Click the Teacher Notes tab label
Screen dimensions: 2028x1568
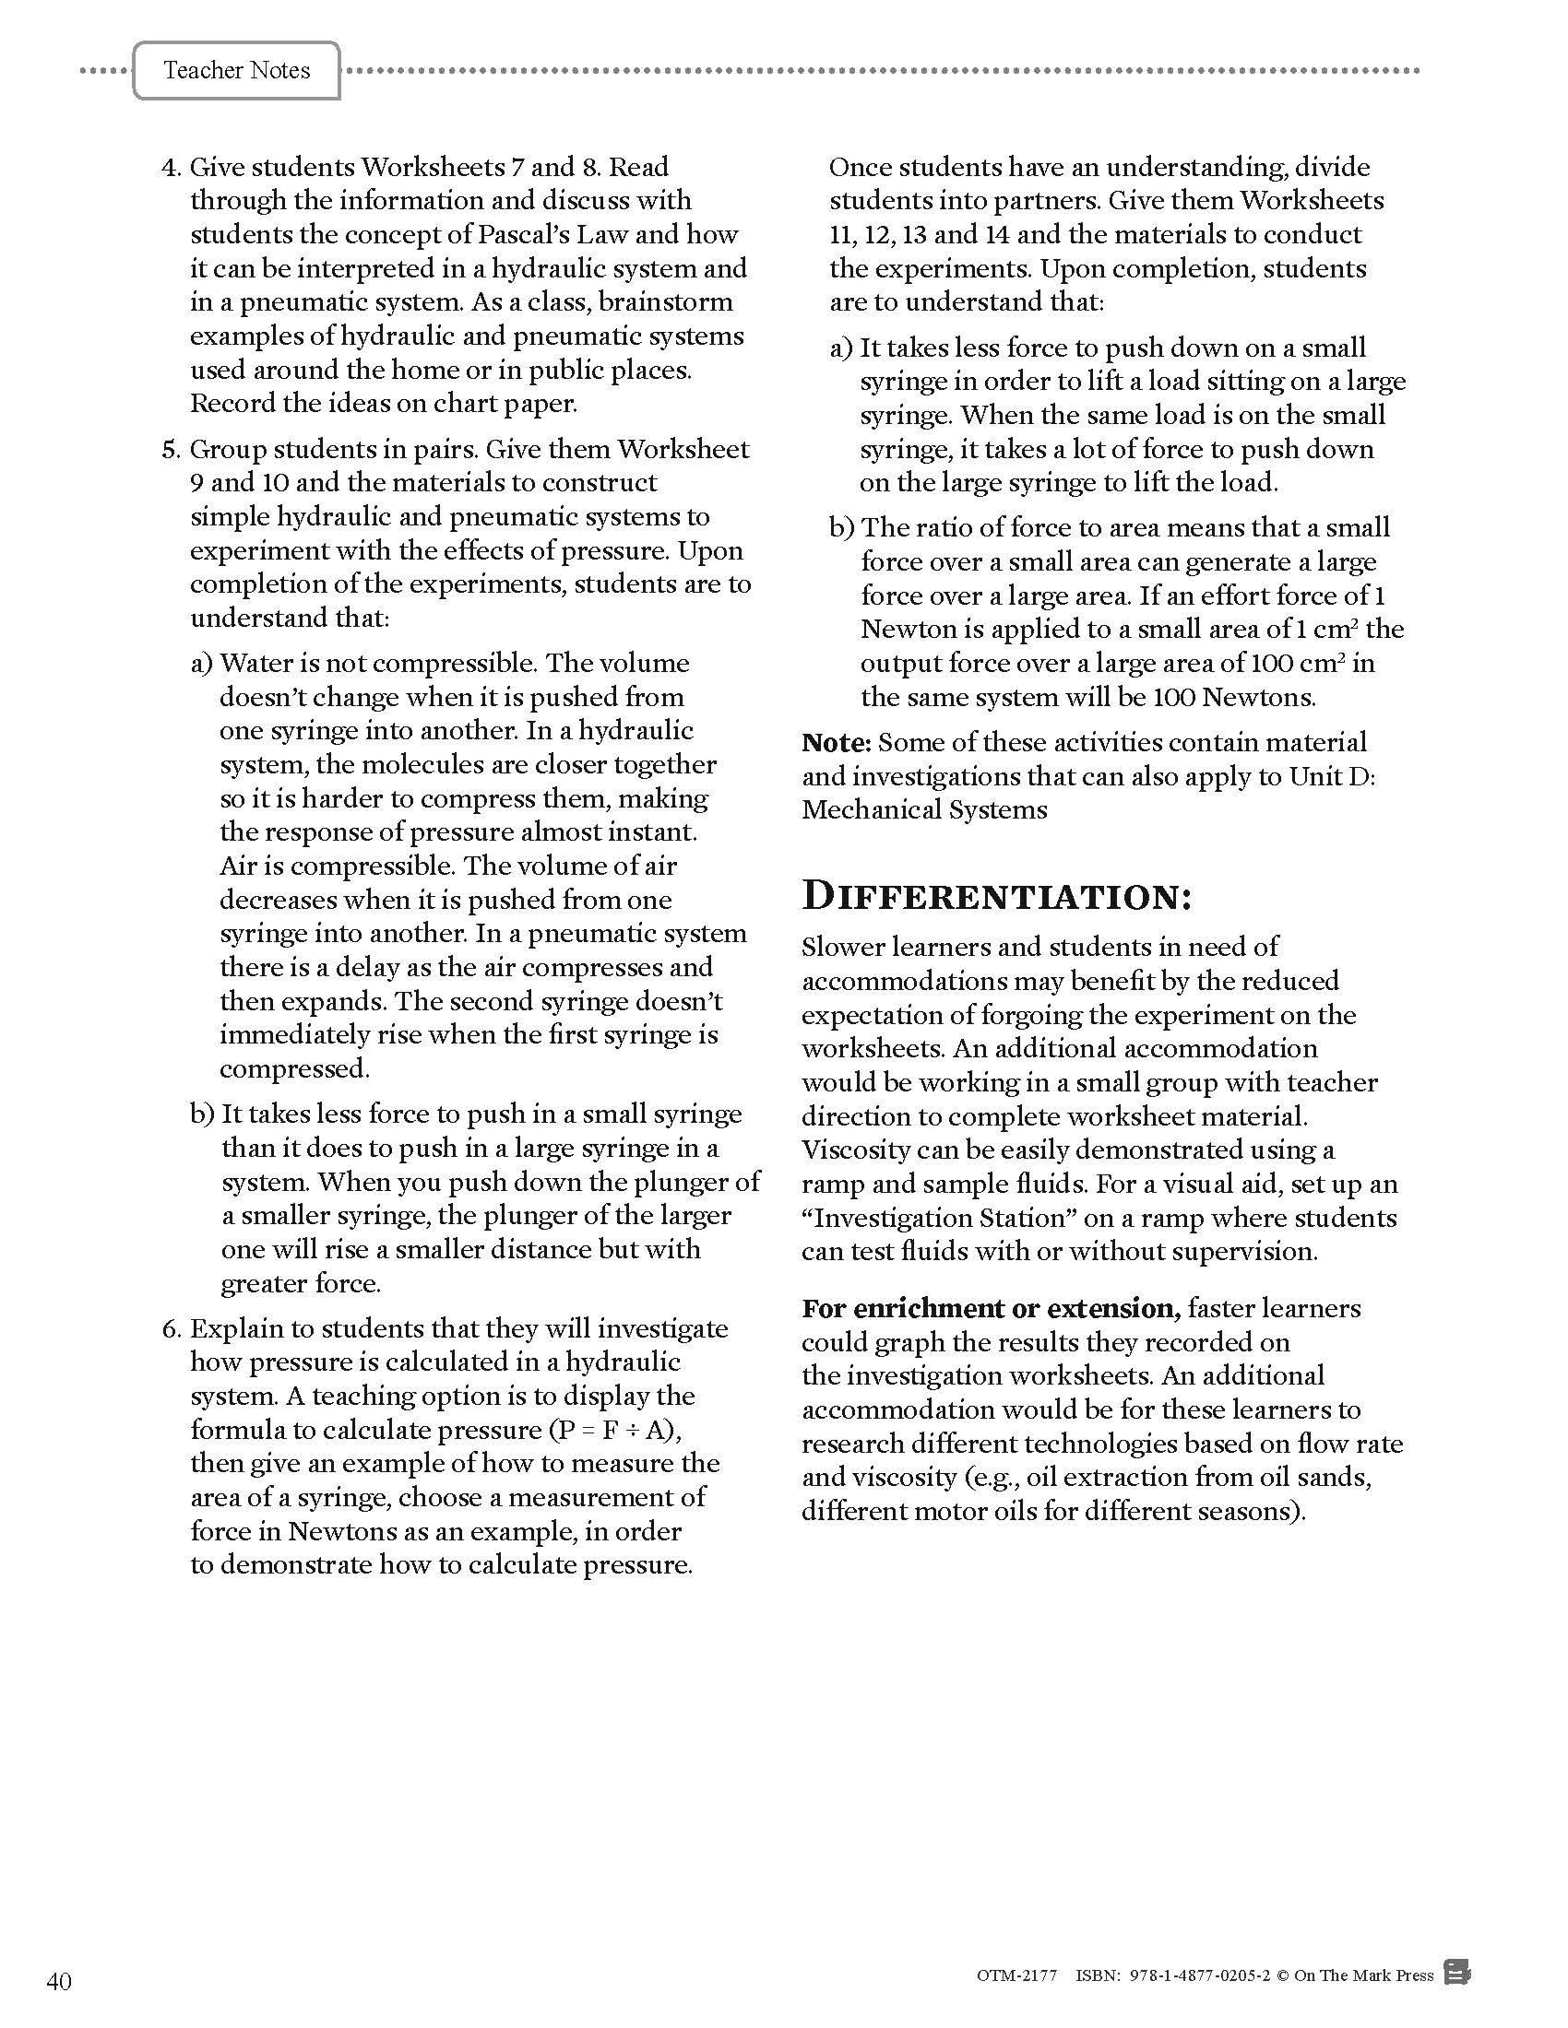point(236,71)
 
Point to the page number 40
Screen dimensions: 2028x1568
point(58,1982)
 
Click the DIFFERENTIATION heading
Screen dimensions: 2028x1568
point(997,896)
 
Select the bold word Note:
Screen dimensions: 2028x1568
point(837,742)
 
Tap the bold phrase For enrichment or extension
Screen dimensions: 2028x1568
point(992,1308)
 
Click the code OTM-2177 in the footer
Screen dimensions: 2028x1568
point(1017,1975)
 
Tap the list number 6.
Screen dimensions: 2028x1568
point(171,1328)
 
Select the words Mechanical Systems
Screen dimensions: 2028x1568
point(924,809)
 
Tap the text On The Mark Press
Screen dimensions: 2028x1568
point(1363,1975)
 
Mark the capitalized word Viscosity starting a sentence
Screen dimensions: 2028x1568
point(857,1150)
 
